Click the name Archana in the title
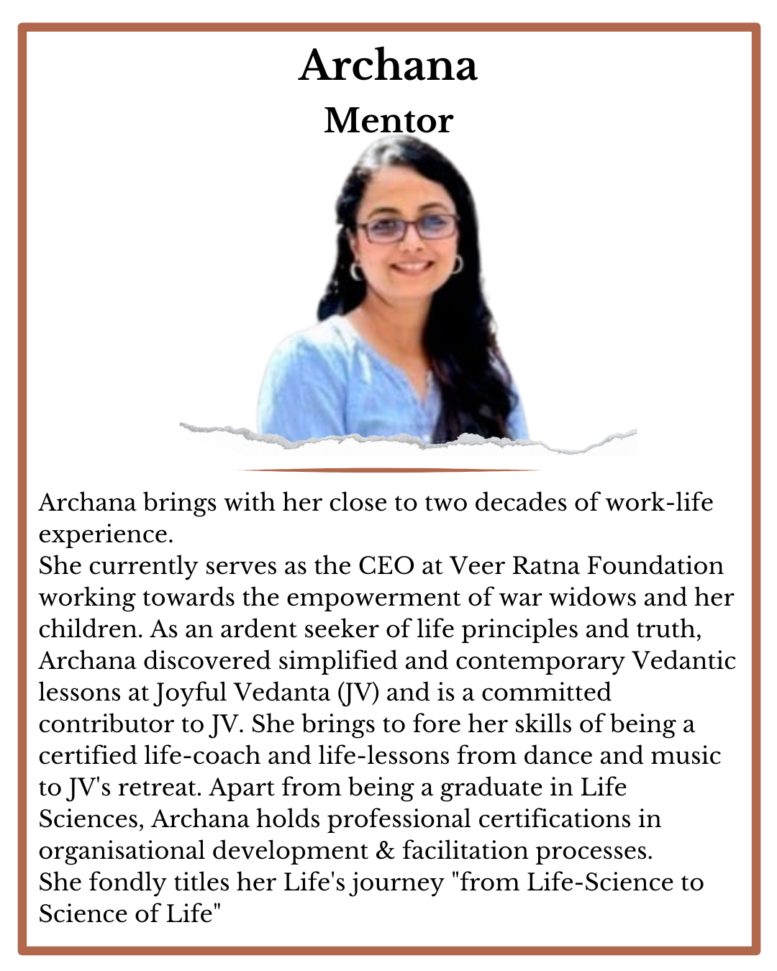point(388,66)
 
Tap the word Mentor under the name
point(388,121)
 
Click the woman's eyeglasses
point(408,228)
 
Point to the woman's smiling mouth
point(412,267)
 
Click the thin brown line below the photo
point(388,470)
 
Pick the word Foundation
point(655,566)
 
